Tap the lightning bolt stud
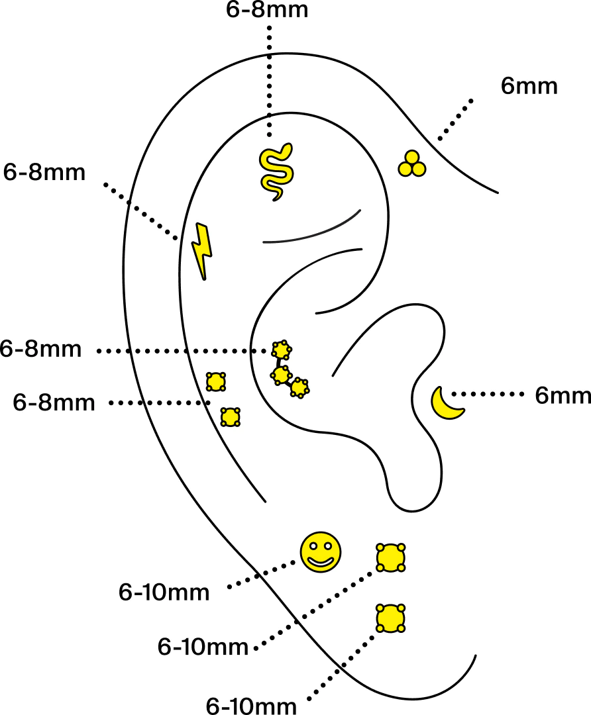pos(202,250)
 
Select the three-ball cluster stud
pos(411,164)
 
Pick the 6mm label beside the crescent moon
pos(563,396)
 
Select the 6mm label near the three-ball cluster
pos(529,86)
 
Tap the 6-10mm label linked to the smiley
pos(164,592)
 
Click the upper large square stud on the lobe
pos(390,557)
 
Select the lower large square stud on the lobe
pos(390,618)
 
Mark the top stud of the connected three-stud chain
pos(282,349)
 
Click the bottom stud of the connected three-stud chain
pos(299,388)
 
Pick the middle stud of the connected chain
pos(281,375)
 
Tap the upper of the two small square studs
pos(215,381)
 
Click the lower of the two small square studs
pos(230,417)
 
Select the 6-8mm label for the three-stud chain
pos(41,350)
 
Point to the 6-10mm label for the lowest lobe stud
pos(251,705)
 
